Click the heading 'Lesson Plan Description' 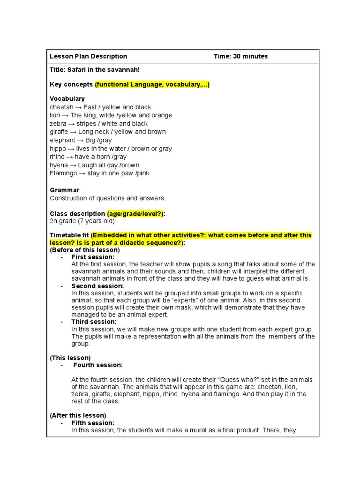pyautogui.click(x=89, y=56)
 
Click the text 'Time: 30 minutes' pyautogui.click(x=240, y=56)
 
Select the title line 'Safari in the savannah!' pyautogui.click(x=95, y=70)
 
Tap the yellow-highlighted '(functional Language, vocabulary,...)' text pyautogui.click(x=152, y=84)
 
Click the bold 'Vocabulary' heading pyautogui.click(x=67, y=99)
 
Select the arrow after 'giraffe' pyautogui.click(x=75, y=132)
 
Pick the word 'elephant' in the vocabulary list pyautogui.click(x=63, y=140)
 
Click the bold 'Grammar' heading pyautogui.click(x=65, y=190)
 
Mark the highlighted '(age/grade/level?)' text pyautogui.click(x=135, y=214)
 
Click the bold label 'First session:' pyautogui.click(x=93, y=257)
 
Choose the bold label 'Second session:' pyautogui.click(x=97, y=286)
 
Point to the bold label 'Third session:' pyautogui.click(x=94, y=322)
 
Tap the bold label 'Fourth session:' pyautogui.click(x=98, y=365)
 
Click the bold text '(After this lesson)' pyautogui.click(x=78, y=415)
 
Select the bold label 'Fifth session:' pyautogui.click(x=93, y=423)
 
